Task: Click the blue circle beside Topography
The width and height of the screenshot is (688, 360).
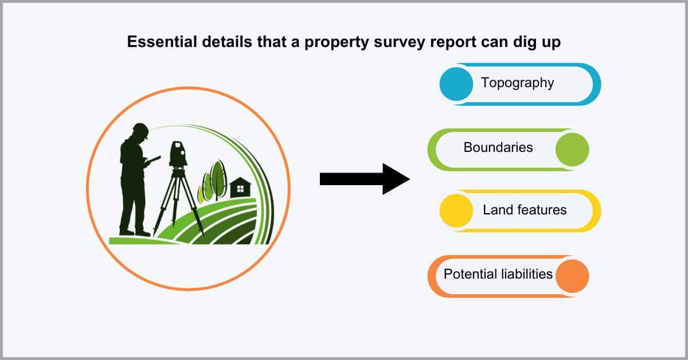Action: pos(456,84)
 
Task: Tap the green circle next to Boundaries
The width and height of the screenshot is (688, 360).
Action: pos(572,150)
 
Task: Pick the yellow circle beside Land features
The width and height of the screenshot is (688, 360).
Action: pos(456,211)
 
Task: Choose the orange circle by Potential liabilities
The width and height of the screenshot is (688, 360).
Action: pos(572,276)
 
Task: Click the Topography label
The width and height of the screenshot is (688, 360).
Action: pos(518,83)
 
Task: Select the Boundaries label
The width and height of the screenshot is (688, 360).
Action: pos(498,147)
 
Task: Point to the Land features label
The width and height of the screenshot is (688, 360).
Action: pos(525,210)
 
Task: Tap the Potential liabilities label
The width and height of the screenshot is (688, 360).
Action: pos(498,274)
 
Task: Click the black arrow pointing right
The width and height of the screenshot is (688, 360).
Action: pos(365,179)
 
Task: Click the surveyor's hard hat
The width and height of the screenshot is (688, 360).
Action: pos(141,130)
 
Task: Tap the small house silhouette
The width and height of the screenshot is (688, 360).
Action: pos(240,187)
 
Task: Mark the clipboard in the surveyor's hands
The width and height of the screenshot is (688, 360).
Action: pos(154,160)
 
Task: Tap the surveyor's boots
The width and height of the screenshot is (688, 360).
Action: pos(134,233)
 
